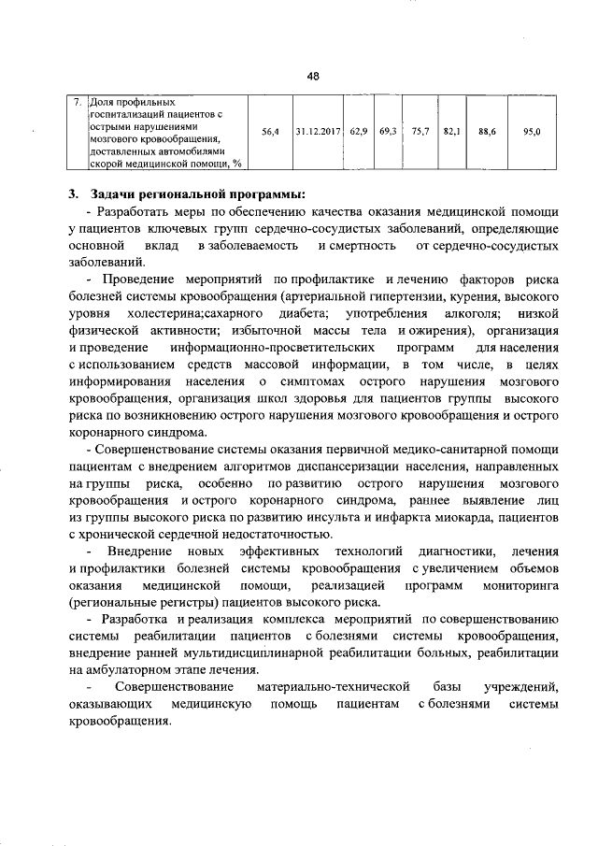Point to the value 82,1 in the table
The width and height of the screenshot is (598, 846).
(x=452, y=132)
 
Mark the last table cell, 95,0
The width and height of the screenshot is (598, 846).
(x=533, y=132)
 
